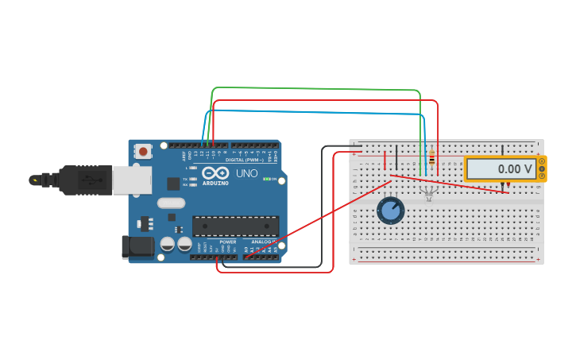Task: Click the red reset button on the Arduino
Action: coord(143,150)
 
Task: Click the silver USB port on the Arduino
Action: coord(131,180)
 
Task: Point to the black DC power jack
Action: coord(138,246)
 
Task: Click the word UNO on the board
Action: coord(246,173)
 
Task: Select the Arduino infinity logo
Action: coord(215,172)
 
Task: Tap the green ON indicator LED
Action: coord(265,179)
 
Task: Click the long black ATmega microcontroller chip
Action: coord(235,226)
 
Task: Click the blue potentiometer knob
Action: coord(390,211)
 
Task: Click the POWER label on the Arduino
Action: coord(228,242)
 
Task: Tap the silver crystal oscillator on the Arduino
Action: coord(171,203)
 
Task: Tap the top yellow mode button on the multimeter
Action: coord(542,161)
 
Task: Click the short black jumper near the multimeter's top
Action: coord(502,149)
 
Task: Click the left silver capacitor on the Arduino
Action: coord(168,244)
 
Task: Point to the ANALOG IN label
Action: coord(264,242)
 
